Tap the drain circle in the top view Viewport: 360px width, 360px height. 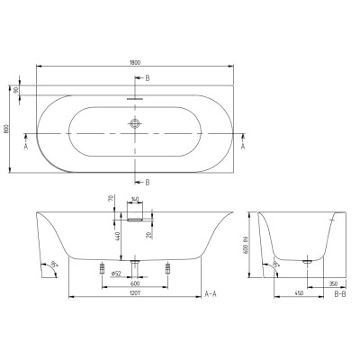pyautogui.click(x=135, y=124)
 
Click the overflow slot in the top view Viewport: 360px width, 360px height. pyautogui.click(x=135, y=94)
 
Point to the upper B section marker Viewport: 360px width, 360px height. pyautogui.click(x=148, y=78)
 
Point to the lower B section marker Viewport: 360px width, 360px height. pyautogui.click(x=148, y=182)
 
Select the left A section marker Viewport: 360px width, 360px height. pyautogui.click(x=26, y=144)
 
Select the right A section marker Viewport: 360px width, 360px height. pyautogui.click(x=244, y=144)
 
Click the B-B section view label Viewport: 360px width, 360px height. pyautogui.click(x=341, y=294)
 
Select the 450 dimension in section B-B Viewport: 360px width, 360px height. pyautogui.click(x=298, y=293)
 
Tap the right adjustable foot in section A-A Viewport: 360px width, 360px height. pyautogui.click(x=167, y=267)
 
